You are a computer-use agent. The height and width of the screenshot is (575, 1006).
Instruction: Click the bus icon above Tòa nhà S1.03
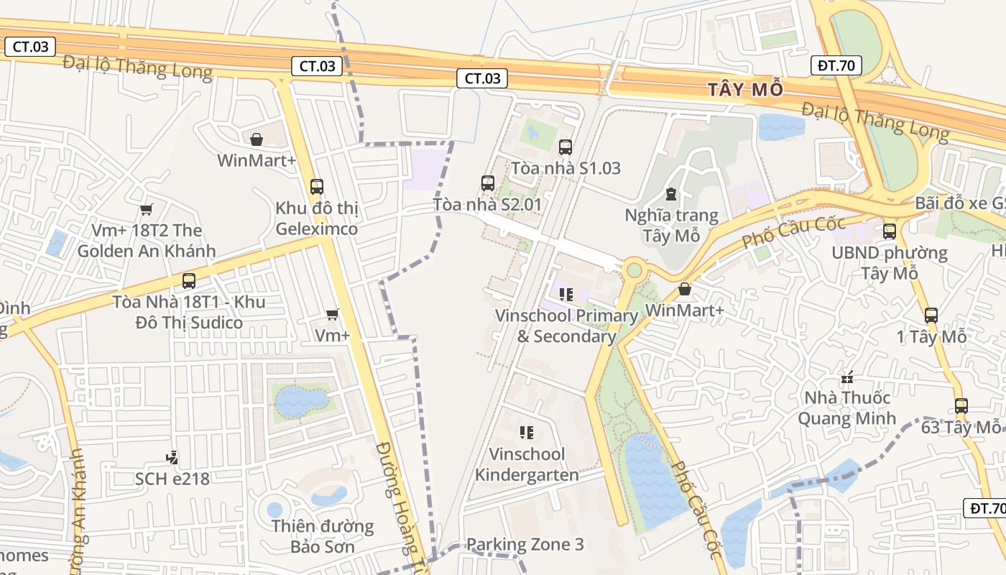click(x=566, y=147)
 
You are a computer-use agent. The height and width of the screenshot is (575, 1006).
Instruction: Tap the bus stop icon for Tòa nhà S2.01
click(x=488, y=183)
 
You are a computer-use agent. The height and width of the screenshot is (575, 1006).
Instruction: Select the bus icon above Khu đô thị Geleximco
click(x=317, y=187)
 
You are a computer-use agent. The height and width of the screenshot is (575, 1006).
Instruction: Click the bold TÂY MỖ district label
click(x=744, y=90)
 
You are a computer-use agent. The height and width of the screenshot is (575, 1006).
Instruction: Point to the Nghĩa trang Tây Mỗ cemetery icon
click(x=670, y=194)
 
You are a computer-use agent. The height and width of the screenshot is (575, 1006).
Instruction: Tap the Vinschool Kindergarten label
click(x=527, y=464)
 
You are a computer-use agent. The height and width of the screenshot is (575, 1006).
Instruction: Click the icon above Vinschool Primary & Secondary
click(x=566, y=295)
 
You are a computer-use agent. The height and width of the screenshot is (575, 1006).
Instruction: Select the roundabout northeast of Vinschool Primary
click(x=634, y=270)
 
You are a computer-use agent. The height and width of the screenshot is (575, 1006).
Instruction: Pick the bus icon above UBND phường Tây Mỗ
click(x=890, y=231)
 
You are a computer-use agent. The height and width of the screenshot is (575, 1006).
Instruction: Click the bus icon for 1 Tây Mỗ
click(x=931, y=315)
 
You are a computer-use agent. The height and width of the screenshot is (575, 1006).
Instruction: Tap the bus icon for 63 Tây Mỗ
click(x=961, y=406)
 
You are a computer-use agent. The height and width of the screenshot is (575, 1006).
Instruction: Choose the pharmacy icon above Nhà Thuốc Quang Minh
click(x=847, y=377)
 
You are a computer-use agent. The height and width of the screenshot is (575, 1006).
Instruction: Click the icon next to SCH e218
click(x=172, y=457)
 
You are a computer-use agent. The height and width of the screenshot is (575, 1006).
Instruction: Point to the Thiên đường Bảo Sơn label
click(x=323, y=536)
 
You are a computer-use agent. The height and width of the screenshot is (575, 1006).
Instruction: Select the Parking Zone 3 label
click(x=525, y=544)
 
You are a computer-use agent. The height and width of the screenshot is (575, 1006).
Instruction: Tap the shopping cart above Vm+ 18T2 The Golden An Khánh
click(x=147, y=210)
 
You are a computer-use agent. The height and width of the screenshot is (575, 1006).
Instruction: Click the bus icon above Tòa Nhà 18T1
click(x=189, y=281)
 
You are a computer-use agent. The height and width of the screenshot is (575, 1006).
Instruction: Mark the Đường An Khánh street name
click(x=78, y=510)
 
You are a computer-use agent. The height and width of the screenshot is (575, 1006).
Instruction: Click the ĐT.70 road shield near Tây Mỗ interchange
click(x=836, y=65)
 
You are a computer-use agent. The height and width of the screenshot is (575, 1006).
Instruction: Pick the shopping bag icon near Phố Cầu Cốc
click(x=685, y=289)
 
